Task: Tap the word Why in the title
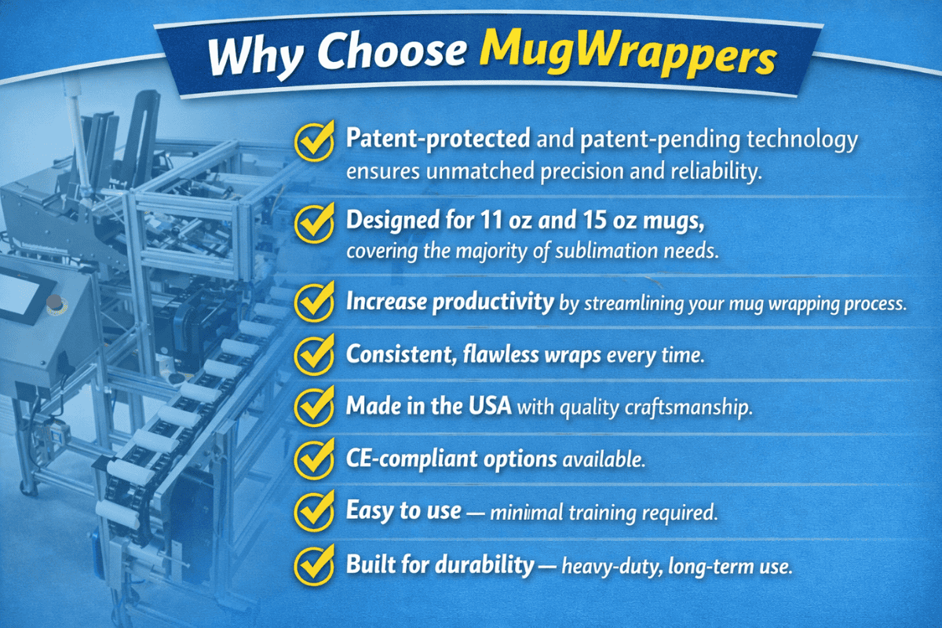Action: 254,57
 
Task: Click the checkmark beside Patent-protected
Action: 314,141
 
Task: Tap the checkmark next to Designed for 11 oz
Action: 314,223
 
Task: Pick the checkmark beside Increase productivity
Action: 314,301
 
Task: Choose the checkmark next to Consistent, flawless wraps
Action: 314,354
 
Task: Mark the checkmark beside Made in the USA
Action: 314,406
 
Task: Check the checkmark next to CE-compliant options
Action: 314,458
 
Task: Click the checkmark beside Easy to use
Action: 314,511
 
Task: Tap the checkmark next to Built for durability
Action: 314,564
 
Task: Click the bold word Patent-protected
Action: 438,139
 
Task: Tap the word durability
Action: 484,564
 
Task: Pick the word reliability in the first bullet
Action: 716,171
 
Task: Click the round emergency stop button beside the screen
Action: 54,301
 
